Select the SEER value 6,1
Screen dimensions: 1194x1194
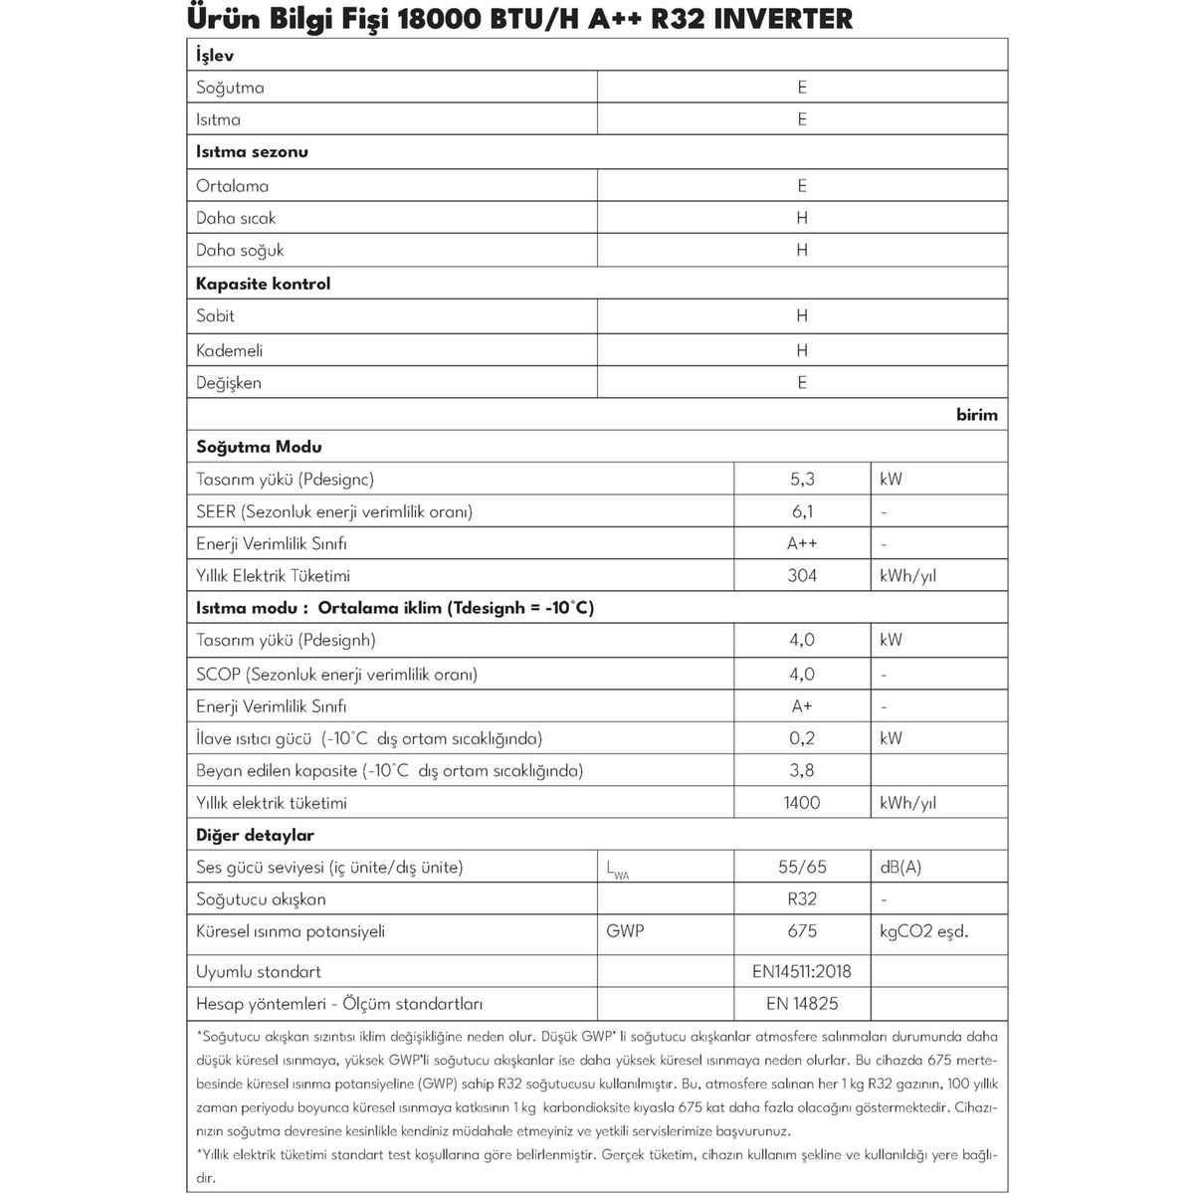tap(802, 511)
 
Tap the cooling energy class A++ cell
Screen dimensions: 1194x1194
tap(802, 544)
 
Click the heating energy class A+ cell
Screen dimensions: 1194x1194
tap(802, 706)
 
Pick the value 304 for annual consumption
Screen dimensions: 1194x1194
tap(802, 576)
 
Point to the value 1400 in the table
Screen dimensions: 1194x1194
tap(802, 803)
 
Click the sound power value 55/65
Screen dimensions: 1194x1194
tap(802, 868)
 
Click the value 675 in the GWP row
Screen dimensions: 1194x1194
tap(802, 931)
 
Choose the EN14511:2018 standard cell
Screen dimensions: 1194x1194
tap(802, 972)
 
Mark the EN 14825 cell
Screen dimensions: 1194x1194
tap(802, 1004)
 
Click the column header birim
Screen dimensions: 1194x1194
tap(976, 415)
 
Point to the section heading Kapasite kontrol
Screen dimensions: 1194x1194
tap(263, 284)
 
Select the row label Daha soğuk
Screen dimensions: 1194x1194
tap(240, 251)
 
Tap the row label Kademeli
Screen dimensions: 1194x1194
tap(230, 350)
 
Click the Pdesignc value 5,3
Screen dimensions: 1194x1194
tap(802, 480)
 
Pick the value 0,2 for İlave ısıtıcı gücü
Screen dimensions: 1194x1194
tap(802, 738)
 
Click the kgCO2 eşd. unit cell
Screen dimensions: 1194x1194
tap(923, 931)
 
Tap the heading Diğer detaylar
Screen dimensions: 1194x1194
tap(255, 836)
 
